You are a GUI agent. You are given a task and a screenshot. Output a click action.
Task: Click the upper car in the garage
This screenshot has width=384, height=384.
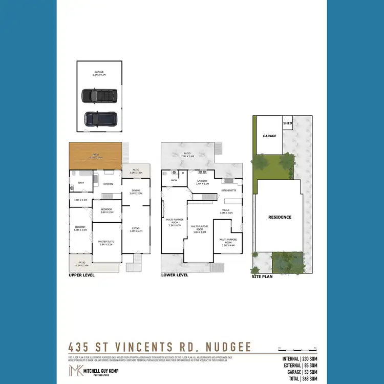click(99, 96)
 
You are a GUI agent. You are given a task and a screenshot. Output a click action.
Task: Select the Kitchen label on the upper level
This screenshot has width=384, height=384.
click(108, 183)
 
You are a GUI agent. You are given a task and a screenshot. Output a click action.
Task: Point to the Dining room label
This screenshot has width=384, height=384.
click(136, 191)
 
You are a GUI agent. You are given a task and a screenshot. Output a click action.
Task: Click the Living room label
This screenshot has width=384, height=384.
click(136, 229)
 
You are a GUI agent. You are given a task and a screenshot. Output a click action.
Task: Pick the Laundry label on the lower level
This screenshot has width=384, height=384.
click(202, 182)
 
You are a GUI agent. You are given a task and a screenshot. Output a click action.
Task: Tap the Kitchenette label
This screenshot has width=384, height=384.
click(228, 190)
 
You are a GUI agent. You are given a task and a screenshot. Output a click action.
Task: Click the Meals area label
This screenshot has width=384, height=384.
click(226, 211)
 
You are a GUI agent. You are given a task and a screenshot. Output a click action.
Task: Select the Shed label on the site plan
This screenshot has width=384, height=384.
click(288, 123)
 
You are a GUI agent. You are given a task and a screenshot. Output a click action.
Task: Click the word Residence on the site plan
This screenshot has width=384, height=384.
click(280, 217)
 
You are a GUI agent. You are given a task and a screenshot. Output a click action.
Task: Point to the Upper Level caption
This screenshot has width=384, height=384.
click(81, 275)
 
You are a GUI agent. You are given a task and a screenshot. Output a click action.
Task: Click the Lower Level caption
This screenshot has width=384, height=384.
click(175, 275)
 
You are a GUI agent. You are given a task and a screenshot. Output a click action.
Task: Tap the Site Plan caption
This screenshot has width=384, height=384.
click(262, 276)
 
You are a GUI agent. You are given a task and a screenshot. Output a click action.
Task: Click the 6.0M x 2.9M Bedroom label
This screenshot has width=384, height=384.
click(80, 229)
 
